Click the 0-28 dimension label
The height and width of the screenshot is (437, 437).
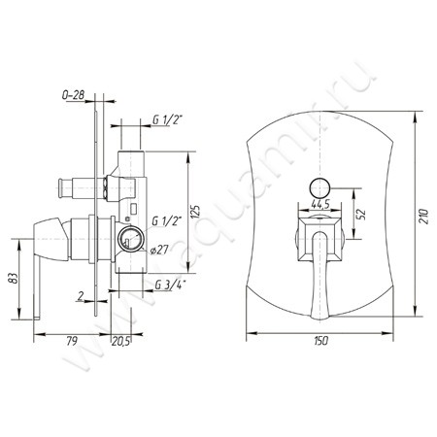click(73, 95)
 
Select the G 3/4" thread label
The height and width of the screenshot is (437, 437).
click(170, 285)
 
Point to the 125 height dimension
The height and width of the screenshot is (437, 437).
click(196, 212)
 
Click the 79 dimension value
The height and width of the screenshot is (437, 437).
click(72, 341)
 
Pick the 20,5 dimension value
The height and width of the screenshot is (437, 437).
click(120, 341)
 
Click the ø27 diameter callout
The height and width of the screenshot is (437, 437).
click(159, 250)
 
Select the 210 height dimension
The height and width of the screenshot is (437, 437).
click(423, 217)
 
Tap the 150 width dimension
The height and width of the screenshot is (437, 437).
click(320, 341)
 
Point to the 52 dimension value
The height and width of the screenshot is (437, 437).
click(361, 214)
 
